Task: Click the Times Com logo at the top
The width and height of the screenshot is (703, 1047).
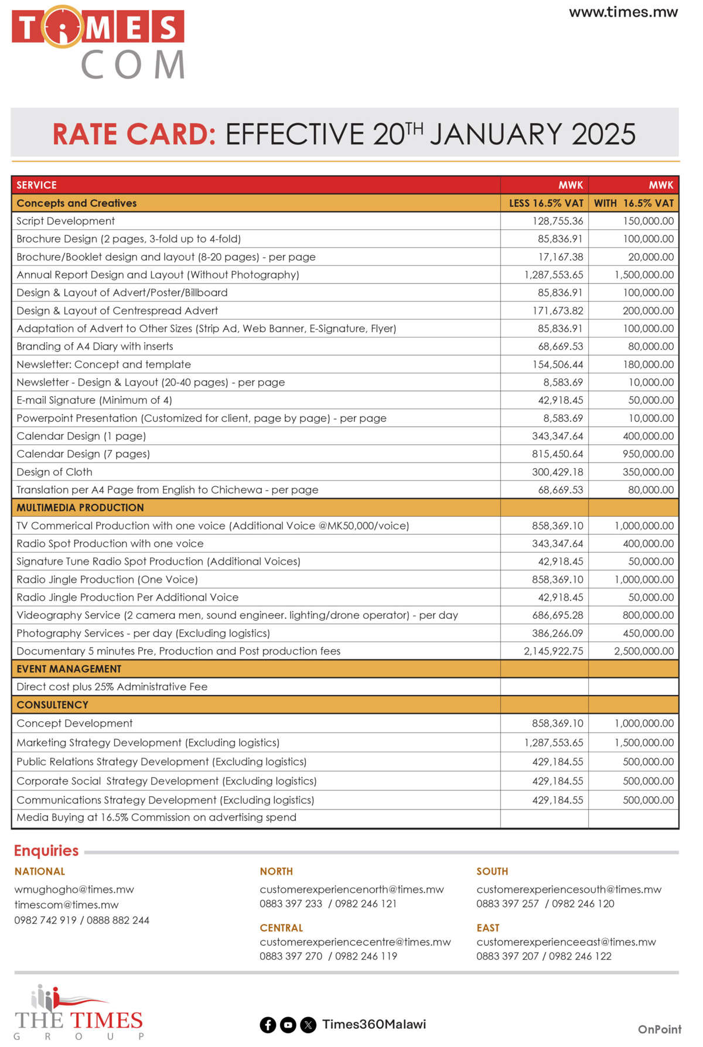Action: pos(98,42)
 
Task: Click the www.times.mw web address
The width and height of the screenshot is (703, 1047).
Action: pos(623,12)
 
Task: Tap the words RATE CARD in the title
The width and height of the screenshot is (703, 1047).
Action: pos(134,134)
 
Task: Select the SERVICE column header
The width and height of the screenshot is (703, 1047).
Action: pos(36,185)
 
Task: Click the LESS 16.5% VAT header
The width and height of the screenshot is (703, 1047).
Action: pos(546,203)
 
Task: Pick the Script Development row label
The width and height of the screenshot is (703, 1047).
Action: pos(66,221)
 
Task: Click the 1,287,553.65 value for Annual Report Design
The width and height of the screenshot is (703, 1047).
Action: pos(554,275)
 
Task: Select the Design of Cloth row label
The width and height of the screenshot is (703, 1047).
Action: pos(54,472)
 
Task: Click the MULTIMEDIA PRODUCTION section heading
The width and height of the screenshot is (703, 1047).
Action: pos(80,508)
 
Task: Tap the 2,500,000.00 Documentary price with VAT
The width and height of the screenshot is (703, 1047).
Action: pos(644,651)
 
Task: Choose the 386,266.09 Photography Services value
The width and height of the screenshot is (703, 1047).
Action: pos(557,633)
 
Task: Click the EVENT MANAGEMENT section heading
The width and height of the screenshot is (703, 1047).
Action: pos(69,669)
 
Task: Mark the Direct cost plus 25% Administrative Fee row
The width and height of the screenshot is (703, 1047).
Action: pos(112,687)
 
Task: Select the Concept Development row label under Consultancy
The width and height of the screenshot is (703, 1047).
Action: pos(74,724)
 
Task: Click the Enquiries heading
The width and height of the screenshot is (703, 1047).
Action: pos(46,851)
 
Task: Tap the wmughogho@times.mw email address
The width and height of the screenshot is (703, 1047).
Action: pos(74,889)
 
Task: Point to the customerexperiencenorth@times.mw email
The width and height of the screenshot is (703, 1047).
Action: pos(351,889)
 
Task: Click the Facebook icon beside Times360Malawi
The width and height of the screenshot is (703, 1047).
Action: pos(268,1025)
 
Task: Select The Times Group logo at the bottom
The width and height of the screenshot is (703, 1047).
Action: pos(79,1012)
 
